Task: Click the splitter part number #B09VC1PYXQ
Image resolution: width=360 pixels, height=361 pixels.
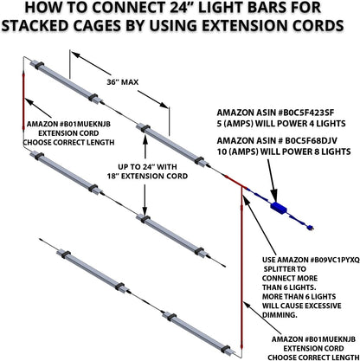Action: point(318,259)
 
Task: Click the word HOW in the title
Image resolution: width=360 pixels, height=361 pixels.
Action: point(43,10)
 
